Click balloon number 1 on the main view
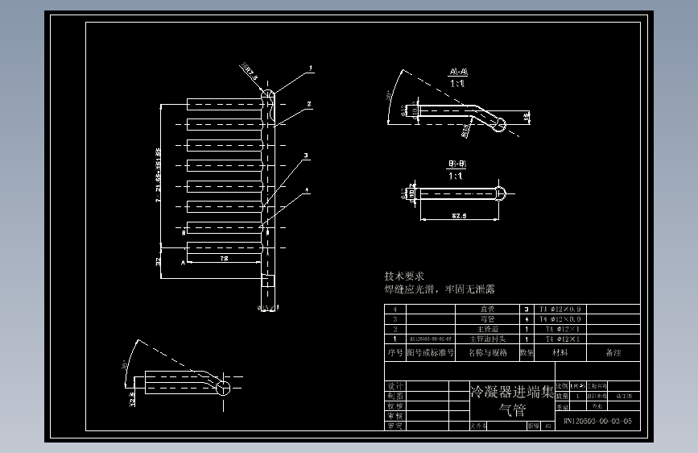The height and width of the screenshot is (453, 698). [312, 69]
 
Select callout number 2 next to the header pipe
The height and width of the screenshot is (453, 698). [309, 104]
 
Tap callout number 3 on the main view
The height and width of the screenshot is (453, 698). [306, 156]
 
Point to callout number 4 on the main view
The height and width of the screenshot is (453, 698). [307, 190]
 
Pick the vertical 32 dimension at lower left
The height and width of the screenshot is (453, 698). [158, 260]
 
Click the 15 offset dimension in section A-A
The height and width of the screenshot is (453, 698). [526, 118]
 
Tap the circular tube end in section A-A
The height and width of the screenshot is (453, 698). [500, 124]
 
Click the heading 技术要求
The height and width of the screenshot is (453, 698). [404, 276]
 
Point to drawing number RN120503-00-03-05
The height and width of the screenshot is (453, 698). [597, 421]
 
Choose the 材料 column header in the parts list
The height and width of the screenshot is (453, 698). [559, 352]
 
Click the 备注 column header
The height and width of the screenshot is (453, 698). [613, 352]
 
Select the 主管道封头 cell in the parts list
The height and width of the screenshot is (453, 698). [488, 339]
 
